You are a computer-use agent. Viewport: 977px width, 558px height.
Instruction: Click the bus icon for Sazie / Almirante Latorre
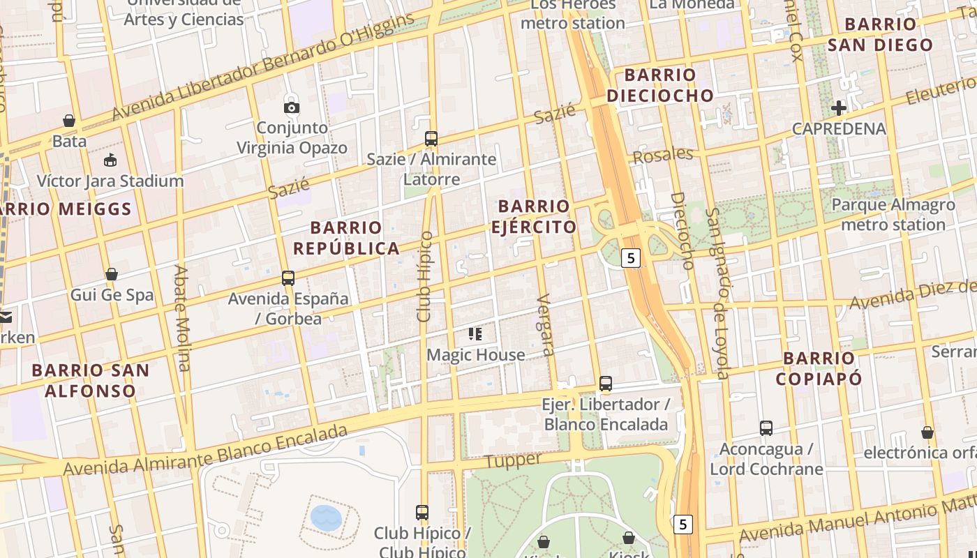click(x=431, y=139)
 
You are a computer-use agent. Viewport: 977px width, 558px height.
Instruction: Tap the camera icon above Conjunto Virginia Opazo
click(x=292, y=107)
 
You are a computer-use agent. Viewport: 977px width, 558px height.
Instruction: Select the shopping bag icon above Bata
click(x=69, y=121)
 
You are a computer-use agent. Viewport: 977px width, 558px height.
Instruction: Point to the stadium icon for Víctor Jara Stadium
click(x=110, y=160)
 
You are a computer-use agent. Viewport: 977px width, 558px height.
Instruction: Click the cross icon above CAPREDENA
click(x=839, y=108)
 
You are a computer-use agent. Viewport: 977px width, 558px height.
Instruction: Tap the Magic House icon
click(x=475, y=334)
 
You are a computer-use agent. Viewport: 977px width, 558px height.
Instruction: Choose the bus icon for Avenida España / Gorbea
click(x=288, y=278)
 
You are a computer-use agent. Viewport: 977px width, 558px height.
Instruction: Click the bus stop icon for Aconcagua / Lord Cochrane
click(x=766, y=428)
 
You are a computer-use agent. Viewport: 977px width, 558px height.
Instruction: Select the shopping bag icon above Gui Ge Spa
click(x=112, y=274)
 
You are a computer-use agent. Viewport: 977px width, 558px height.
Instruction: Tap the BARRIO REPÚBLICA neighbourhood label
click(x=346, y=238)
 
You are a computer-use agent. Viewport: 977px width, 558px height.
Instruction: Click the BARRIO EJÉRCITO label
click(x=534, y=216)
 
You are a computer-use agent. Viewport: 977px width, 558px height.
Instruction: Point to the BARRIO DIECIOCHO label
click(x=660, y=85)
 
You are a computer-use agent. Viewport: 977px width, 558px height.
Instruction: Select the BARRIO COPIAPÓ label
click(x=819, y=368)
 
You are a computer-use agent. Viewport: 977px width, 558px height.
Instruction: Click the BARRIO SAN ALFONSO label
click(x=91, y=380)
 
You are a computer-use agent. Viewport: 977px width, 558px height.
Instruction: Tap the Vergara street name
click(x=546, y=325)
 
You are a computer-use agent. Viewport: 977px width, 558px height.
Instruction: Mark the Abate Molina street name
click(x=182, y=317)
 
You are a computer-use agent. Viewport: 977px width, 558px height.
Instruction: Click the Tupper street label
click(x=513, y=460)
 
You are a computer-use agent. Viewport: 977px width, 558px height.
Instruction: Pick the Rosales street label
click(x=662, y=155)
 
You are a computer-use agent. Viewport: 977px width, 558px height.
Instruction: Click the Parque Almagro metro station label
click(x=893, y=215)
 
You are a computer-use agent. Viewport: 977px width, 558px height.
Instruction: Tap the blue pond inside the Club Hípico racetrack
click(x=326, y=518)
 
